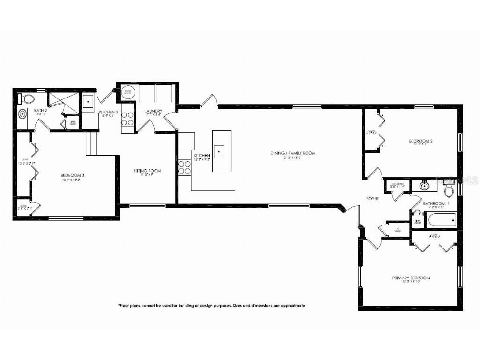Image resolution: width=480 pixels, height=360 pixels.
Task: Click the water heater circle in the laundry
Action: (127, 92)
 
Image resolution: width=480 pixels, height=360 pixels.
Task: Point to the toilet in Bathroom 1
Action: (449, 190)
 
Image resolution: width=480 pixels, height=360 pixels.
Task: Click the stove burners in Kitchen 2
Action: (127, 119)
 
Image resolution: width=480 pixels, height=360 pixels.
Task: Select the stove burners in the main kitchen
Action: (184, 167)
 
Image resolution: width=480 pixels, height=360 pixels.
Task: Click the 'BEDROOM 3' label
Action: (73, 176)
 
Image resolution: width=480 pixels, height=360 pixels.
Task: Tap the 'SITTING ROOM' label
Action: (147, 171)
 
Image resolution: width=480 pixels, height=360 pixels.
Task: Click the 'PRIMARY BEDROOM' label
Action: (411, 278)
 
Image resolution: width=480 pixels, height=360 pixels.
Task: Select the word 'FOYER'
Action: (373, 199)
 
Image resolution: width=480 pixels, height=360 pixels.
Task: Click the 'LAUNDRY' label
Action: (153, 111)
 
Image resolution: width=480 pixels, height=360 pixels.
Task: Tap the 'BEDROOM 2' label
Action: (420, 141)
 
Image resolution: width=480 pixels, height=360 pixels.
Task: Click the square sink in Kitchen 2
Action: (88, 101)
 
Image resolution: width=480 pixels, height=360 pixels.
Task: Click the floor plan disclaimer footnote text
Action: (211, 305)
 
